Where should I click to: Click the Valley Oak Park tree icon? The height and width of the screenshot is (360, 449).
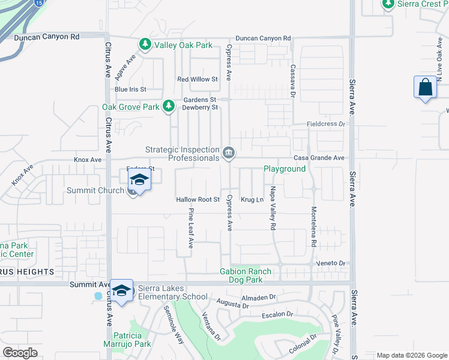[x=145, y=44]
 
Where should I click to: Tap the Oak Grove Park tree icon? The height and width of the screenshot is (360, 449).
[x=169, y=107]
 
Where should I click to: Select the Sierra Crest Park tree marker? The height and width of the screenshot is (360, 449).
[x=388, y=5]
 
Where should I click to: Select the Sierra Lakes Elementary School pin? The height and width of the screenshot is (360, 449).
[x=122, y=292]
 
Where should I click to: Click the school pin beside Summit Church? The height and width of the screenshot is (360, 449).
[x=139, y=181]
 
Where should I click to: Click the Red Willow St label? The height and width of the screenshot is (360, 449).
[x=197, y=79]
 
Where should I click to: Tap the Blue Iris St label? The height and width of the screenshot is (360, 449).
[x=130, y=89]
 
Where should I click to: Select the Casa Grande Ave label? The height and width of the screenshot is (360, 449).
[x=319, y=158]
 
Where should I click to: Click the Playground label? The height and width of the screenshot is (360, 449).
[x=285, y=169]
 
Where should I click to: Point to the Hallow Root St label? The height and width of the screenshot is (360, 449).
[x=198, y=199]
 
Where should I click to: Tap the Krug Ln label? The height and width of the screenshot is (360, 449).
[x=252, y=199]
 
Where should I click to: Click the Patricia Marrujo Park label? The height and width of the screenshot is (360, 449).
[x=131, y=340]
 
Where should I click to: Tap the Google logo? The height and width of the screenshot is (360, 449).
[x=20, y=353]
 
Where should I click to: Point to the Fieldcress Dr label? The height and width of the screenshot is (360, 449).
[x=327, y=124]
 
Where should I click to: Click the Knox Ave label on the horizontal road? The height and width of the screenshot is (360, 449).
[x=88, y=160]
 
